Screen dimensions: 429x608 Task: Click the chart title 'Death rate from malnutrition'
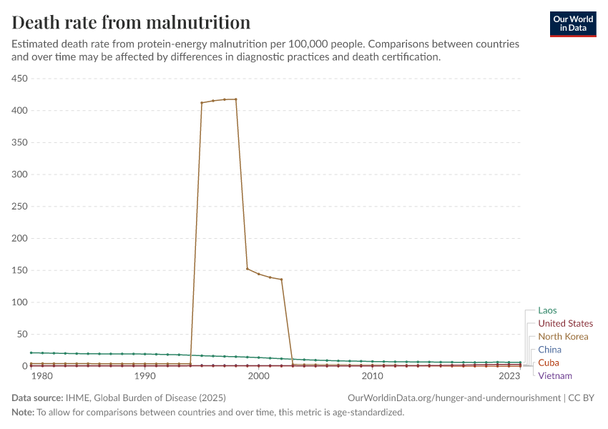(x=131, y=22)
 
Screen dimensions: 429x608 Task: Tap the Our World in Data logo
(x=573, y=24)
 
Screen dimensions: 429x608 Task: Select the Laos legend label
(x=547, y=310)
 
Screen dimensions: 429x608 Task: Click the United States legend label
(x=565, y=323)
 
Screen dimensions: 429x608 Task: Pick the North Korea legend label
(x=563, y=336)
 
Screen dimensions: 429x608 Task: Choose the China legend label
(x=549, y=350)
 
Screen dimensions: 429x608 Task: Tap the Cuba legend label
(x=549, y=363)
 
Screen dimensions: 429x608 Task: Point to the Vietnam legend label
(x=555, y=375)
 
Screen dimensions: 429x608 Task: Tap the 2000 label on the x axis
(x=258, y=376)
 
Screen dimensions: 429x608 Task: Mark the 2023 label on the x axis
(x=509, y=376)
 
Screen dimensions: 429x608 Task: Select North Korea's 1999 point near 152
(x=247, y=269)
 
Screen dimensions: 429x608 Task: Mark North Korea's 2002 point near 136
(x=281, y=280)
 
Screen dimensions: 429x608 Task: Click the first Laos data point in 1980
(x=31, y=352)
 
